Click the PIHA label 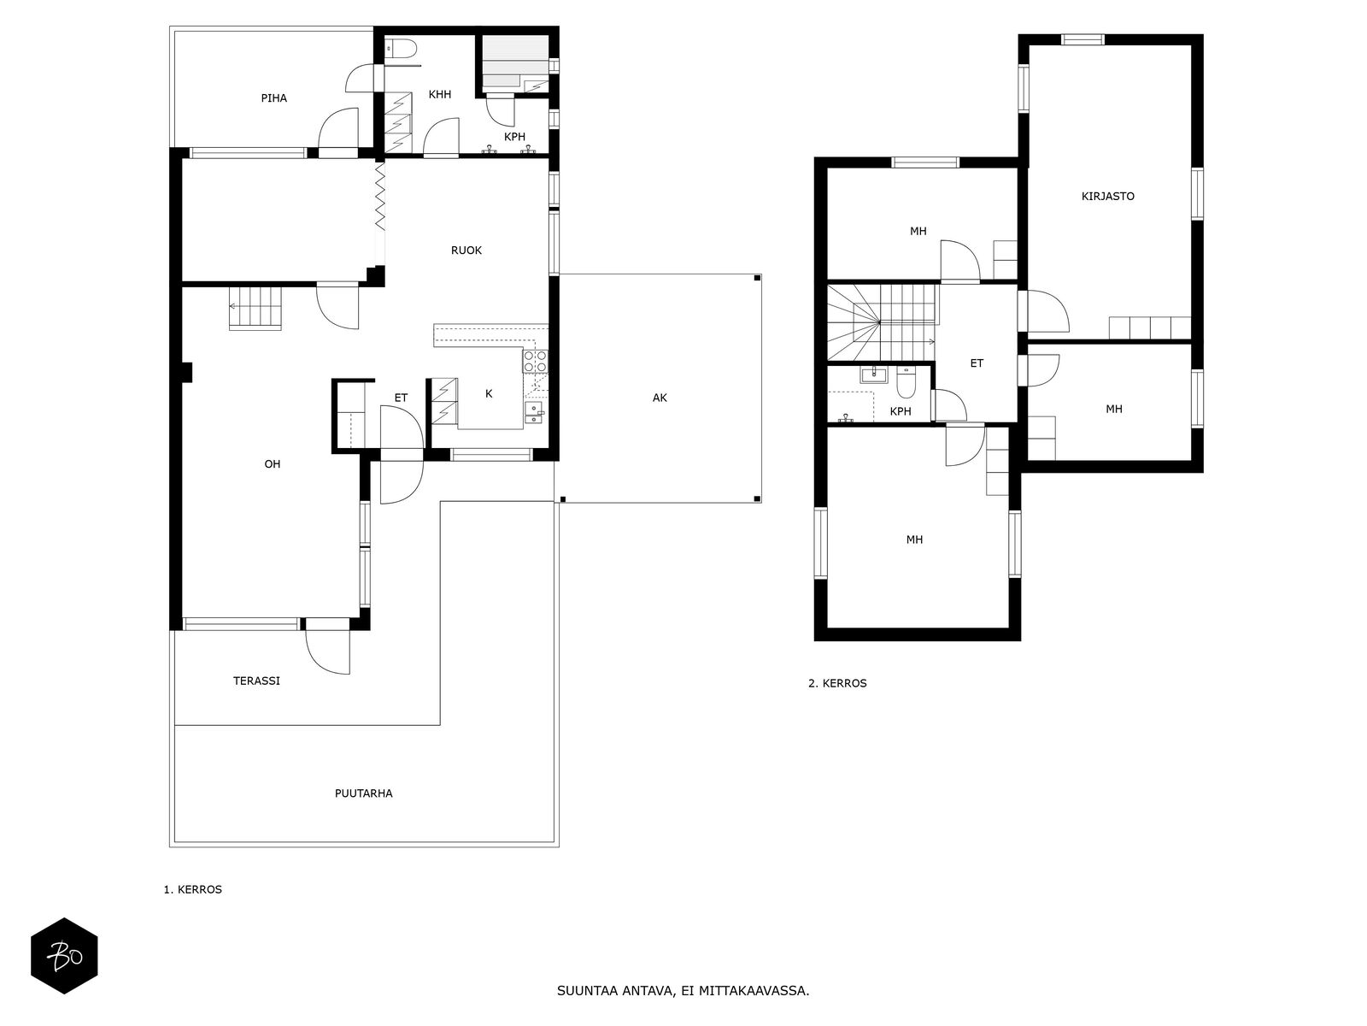tap(273, 97)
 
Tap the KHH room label tap(440, 94)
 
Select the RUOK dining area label tap(466, 251)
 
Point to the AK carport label tap(660, 398)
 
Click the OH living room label tap(273, 464)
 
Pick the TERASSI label tap(256, 681)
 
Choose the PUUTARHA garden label tap(364, 793)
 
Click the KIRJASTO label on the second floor tap(1108, 197)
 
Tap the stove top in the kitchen tap(535, 362)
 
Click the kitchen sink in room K tap(534, 412)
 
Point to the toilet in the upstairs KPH tap(906, 381)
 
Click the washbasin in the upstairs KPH tap(874, 374)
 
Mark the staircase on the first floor tap(255, 308)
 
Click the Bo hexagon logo tap(64, 956)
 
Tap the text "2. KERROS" tap(837, 683)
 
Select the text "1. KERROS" tap(192, 889)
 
